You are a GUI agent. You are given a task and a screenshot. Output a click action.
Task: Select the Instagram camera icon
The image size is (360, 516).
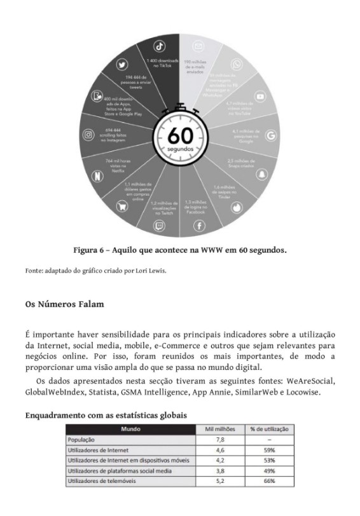tap(88, 135)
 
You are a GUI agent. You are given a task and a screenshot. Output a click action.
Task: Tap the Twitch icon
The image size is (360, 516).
tap(159, 226)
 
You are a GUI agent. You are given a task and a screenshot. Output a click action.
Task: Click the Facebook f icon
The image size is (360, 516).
tap(198, 226)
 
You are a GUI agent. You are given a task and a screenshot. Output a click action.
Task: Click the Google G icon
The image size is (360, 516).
tap(270, 135)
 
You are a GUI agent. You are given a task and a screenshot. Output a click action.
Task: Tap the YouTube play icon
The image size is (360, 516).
tap(260, 97)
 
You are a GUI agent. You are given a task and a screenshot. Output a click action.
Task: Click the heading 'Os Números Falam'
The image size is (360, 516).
tap(64, 304)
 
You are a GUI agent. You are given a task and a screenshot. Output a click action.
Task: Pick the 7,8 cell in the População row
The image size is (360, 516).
tap(219, 439)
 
